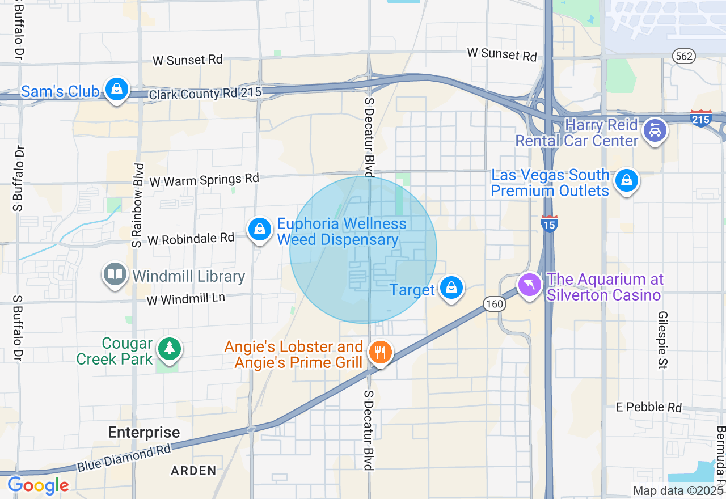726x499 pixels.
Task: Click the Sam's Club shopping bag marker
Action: pyautogui.click(x=116, y=90)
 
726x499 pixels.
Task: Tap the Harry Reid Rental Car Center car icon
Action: pyautogui.click(x=655, y=131)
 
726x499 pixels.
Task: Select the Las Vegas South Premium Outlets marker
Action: pyautogui.click(x=626, y=181)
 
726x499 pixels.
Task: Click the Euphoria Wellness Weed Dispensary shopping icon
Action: pyautogui.click(x=259, y=230)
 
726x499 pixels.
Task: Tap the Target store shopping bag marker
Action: pyautogui.click(x=451, y=287)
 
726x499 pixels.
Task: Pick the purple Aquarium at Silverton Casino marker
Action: pyautogui.click(x=530, y=285)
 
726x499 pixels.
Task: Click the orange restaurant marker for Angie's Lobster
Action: pyautogui.click(x=380, y=353)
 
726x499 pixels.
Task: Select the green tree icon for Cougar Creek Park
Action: pyautogui.click(x=169, y=348)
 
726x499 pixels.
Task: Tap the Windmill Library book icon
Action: pyautogui.click(x=115, y=275)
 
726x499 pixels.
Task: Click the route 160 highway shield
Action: pyautogui.click(x=495, y=305)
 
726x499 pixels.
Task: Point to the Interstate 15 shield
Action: pyautogui.click(x=549, y=223)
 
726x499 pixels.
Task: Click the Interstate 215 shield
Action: pyautogui.click(x=700, y=119)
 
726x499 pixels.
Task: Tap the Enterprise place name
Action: pyautogui.click(x=144, y=433)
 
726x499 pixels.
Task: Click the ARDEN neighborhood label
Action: pyautogui.click(x=195, y=471)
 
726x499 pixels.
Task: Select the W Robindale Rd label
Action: pyautogui.click(x=191, y=239)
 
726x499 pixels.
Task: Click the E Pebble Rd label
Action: pyautogui.click(x=649, y=407)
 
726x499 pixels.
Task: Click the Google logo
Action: pyautogui.click(x=38, y=485)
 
